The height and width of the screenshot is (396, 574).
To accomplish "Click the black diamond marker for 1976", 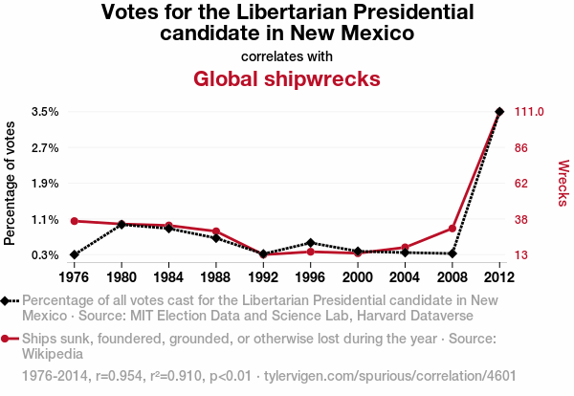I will (74, 254).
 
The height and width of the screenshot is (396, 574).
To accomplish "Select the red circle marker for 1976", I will (74, 221).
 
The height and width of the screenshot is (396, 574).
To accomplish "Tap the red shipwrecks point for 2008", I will (453, 228).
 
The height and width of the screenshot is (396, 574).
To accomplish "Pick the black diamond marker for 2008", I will (453, 253).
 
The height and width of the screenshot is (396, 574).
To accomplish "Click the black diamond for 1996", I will (310, 243).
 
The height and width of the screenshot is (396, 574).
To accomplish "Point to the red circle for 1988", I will (216, 231).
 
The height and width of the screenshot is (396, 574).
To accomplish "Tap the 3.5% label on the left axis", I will (44, 112).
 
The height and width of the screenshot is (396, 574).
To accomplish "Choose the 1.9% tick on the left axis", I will (44, 184).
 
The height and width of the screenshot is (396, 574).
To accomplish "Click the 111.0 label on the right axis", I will (529, 112).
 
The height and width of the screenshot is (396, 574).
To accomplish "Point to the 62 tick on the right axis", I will (522, 184).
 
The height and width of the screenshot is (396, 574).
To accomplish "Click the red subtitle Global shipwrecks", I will (287, 78).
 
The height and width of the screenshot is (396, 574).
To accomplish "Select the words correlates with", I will (287, 56).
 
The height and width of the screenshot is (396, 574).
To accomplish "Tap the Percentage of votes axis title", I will (11, 183).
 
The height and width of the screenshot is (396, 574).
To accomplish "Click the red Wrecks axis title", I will (563, 183).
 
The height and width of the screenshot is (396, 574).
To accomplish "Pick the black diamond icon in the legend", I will (9, 300).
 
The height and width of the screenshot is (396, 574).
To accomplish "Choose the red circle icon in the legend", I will (9, 339).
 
